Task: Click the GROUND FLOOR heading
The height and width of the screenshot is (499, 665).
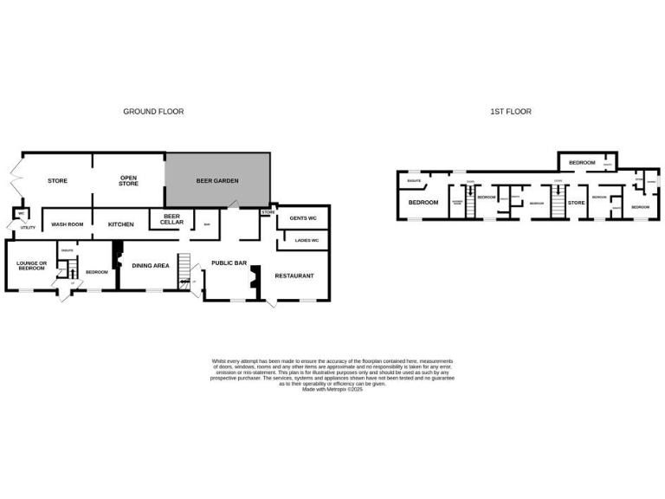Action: (x=153, y=112)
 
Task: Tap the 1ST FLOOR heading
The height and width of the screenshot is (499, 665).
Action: (x=511, y=112)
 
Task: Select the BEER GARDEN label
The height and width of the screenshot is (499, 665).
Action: (x=217, y=181)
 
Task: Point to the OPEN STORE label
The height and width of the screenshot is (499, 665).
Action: (x=129, y=181)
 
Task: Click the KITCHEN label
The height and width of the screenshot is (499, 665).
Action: (x=121, y=224)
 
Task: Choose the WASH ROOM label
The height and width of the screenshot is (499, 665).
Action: (x=68, y=224)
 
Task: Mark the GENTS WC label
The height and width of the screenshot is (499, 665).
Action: (x=302, y=217)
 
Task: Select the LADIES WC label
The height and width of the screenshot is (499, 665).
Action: (x=302, y=240)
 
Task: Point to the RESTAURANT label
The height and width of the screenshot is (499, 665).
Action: (x=294, y=275)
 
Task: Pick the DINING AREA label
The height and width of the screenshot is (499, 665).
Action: (x=150, y=266)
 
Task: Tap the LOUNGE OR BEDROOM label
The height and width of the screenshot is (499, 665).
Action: (x=31, y=265)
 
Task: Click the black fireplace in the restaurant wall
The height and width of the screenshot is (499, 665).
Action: (x=254, y=276)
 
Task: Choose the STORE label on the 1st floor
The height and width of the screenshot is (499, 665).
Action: (x=576, y=203)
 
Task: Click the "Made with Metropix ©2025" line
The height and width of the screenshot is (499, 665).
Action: (x=332, y=390)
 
